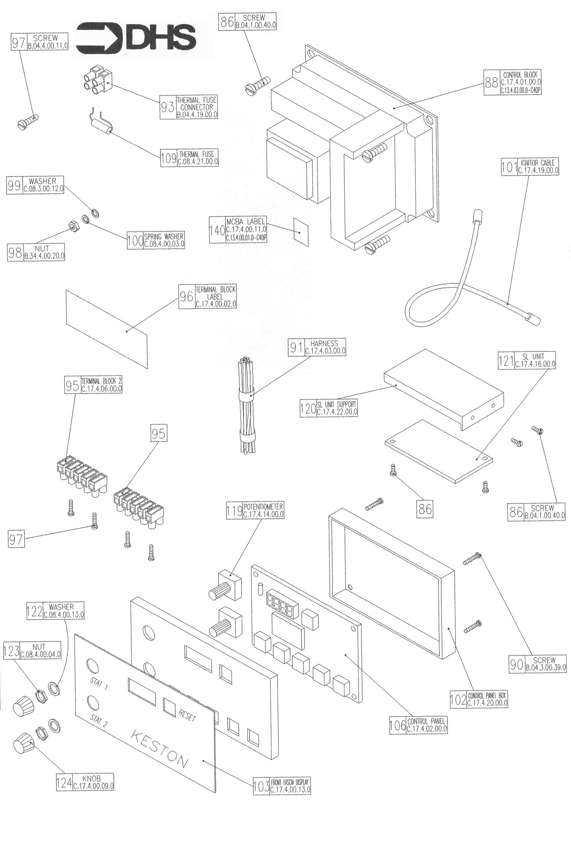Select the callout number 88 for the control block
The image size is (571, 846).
pyautogui.click(x=491, y=83)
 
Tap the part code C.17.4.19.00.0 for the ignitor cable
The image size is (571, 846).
pyautogui.click(x=538, y=170)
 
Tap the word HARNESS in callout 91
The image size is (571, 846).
pyautogui.click(x=324, y=343)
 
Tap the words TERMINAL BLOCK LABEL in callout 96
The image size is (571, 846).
pyautogui.click(x=215, y=293)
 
